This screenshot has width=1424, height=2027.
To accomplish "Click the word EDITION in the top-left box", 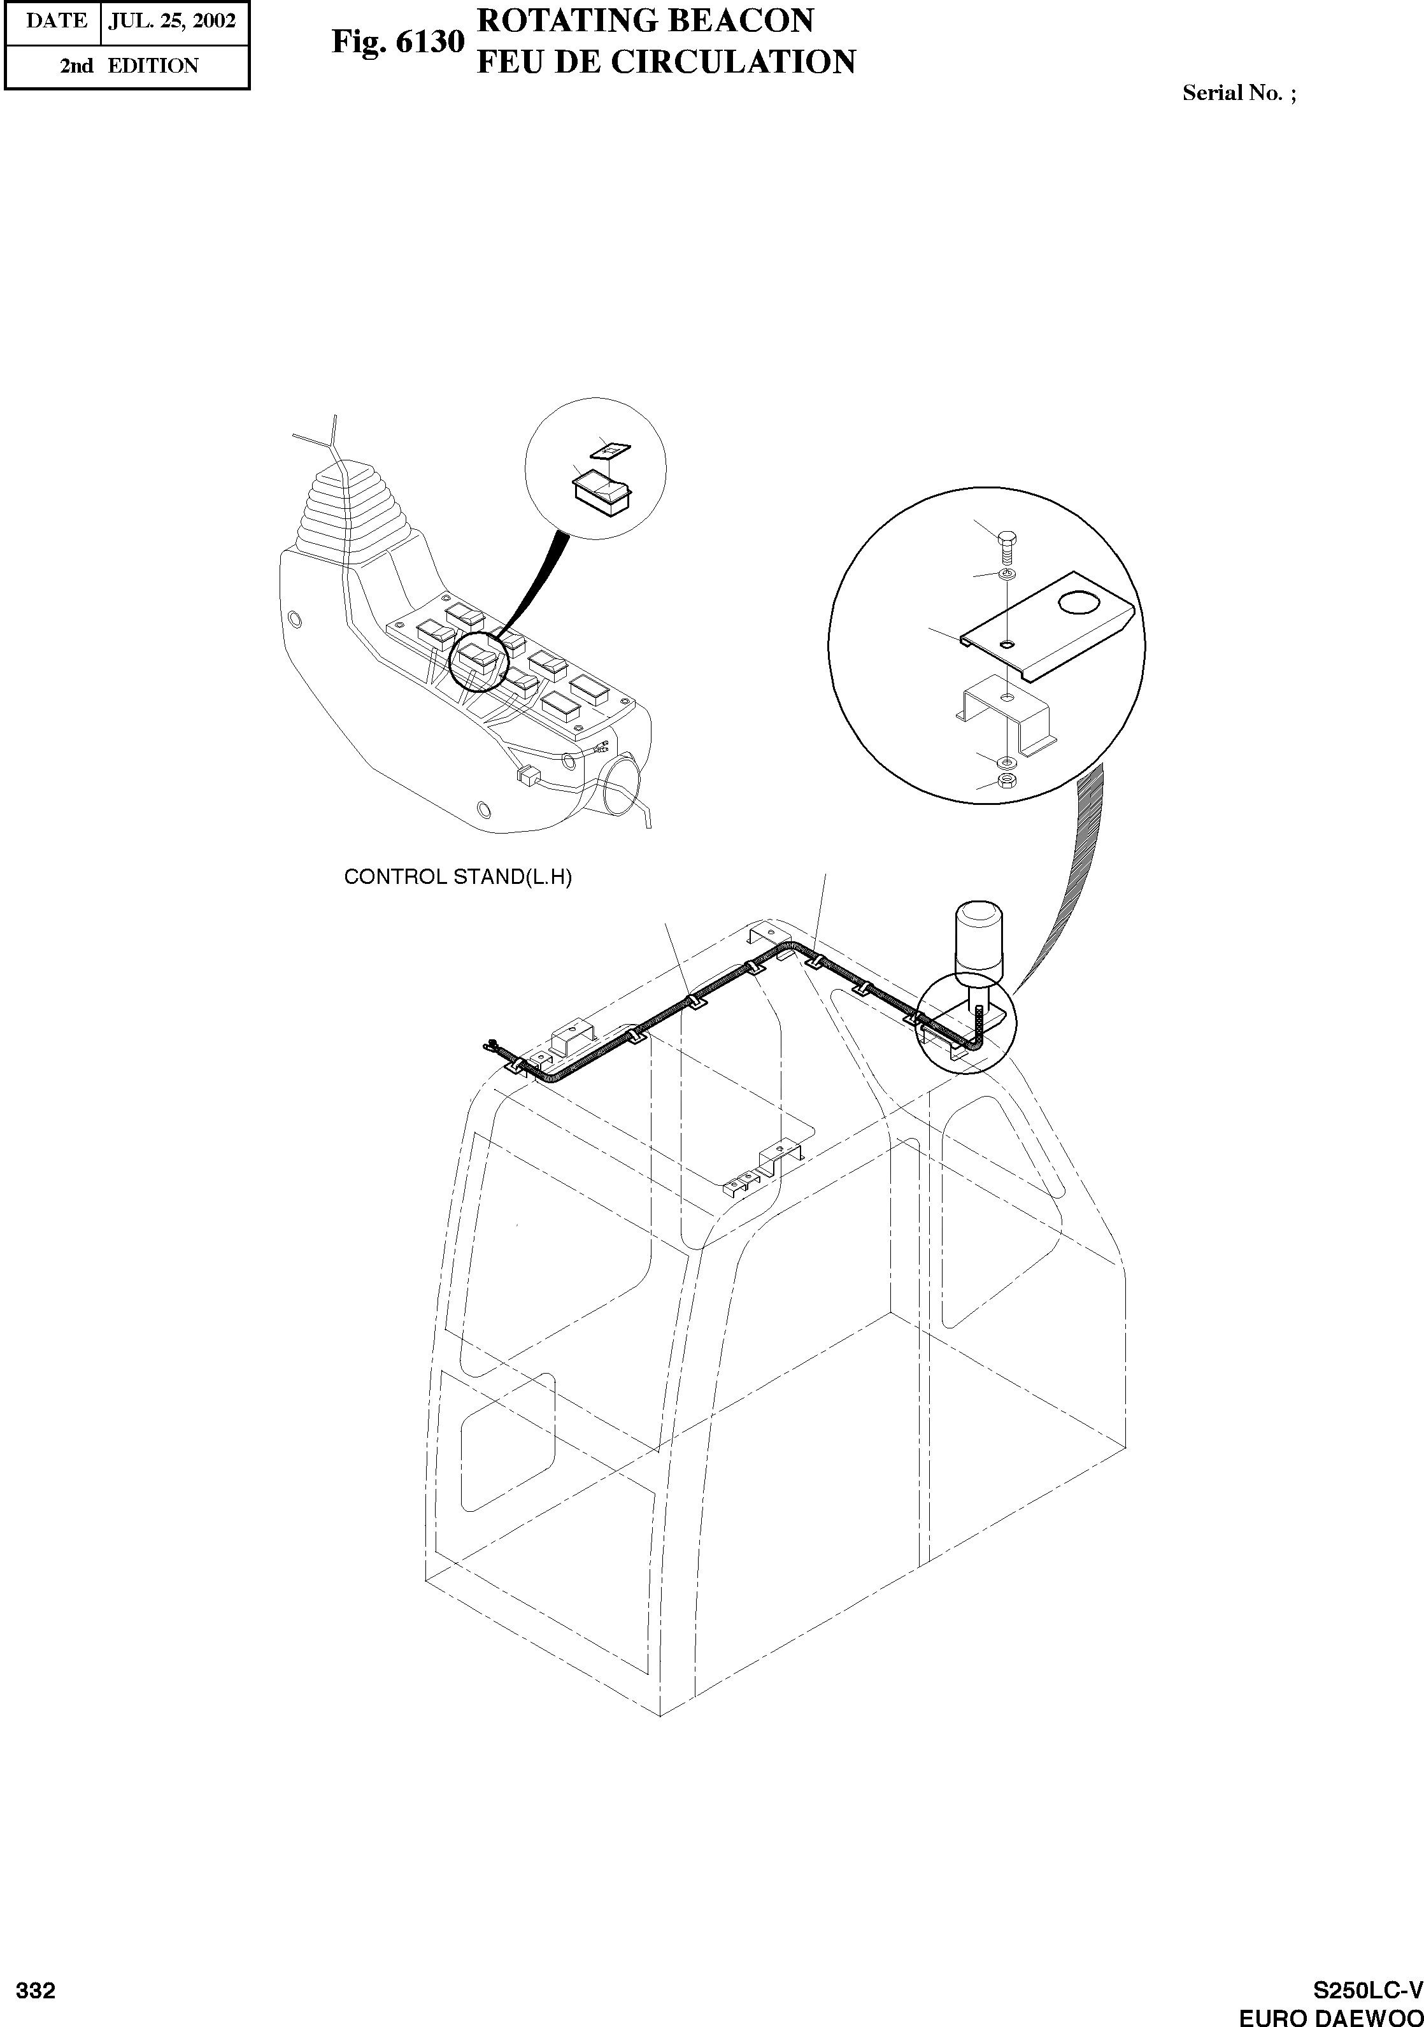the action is coord(153,66).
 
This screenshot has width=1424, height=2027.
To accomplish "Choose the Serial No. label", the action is coord(1239,94).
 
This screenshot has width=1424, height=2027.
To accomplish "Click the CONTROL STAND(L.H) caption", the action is coord(457,878).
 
